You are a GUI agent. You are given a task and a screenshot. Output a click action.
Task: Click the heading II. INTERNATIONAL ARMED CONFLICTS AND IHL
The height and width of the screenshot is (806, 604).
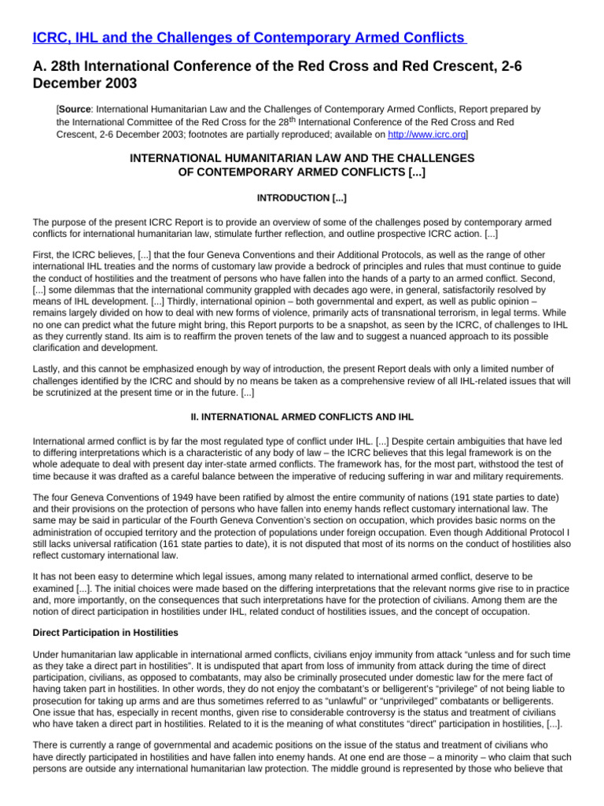pyautogui.click(x=301, y=416)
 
